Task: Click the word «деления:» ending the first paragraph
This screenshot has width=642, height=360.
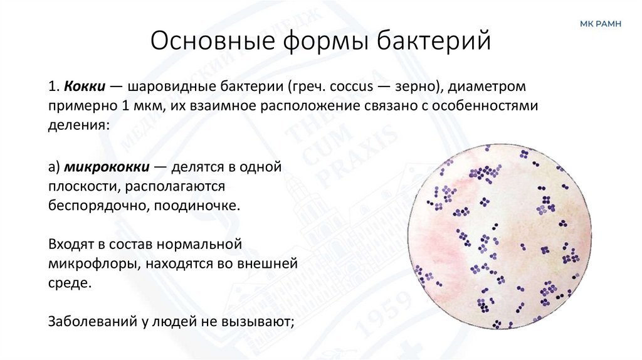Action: pos(78,125)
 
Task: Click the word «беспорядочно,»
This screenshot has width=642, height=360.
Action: pos(95,206)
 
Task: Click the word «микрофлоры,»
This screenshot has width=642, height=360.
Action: pos(93,263)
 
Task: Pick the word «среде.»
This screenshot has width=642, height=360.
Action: pos(70,283)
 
